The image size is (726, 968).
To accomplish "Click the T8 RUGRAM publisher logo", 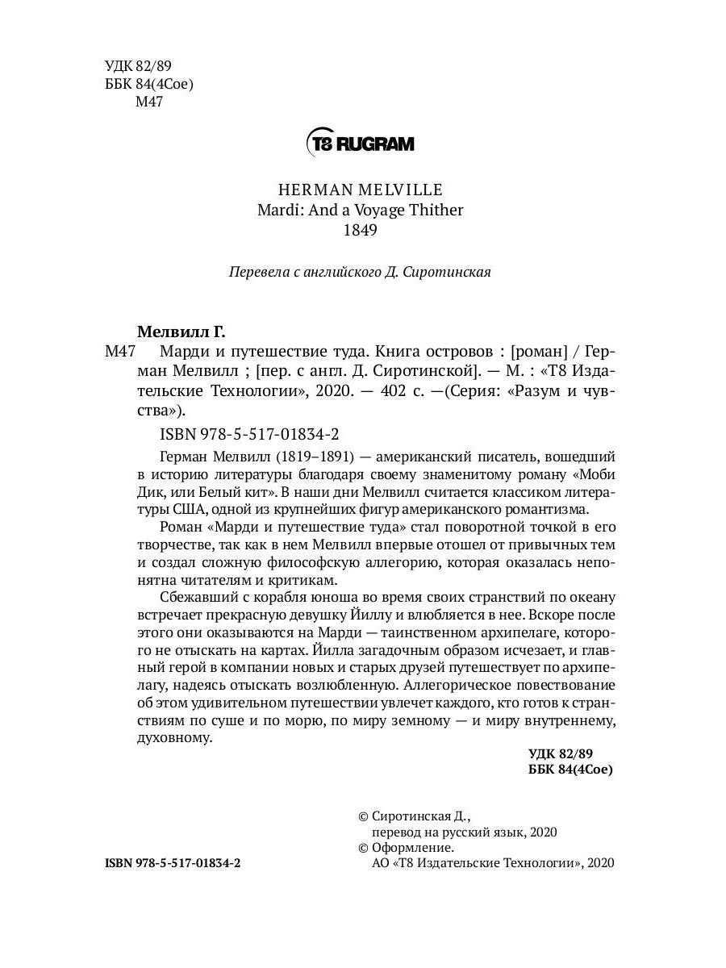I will click(x=360, y=144).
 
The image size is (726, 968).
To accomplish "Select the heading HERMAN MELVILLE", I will click(x=360, y=190).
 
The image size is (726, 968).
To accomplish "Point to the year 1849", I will click(x=360, y=230).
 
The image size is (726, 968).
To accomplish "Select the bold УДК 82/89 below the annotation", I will click(x=560, y=753).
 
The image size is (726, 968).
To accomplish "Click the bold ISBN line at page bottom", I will click(x=173, y=862).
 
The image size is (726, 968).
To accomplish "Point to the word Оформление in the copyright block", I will click(x=412, y=847).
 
